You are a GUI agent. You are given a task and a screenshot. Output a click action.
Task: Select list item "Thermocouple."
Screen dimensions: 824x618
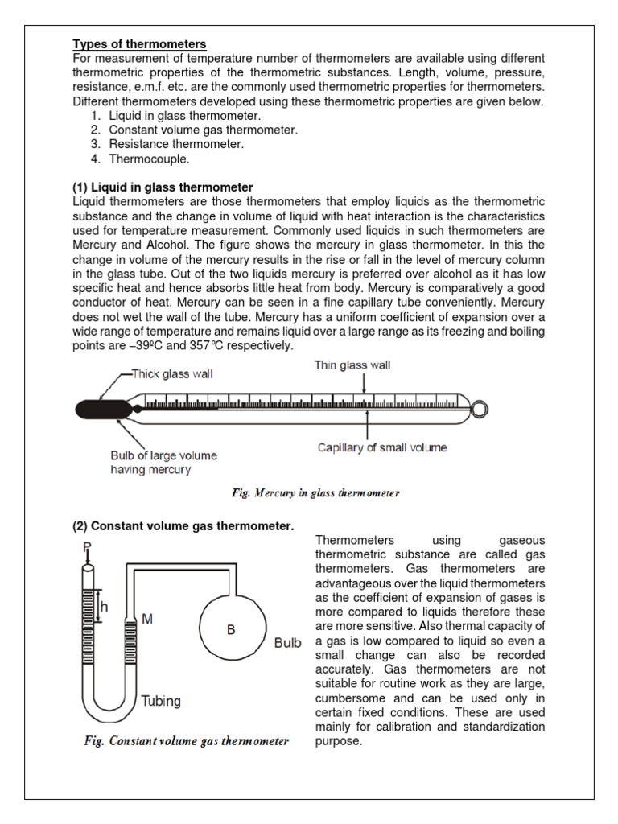click(x=150, y=159)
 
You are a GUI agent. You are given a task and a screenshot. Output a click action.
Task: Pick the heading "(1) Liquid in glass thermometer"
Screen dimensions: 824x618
click(x=163, y=187)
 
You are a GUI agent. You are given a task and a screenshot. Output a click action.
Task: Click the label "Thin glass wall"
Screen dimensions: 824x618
click(x=352, y=365)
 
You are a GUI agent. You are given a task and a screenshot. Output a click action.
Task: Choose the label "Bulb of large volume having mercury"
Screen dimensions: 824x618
click(x=163, y=463)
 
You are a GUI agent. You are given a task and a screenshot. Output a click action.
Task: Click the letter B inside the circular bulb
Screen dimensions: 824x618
click(x=230, y=630)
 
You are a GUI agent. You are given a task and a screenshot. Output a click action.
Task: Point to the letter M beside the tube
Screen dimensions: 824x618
click(x=148, y=618)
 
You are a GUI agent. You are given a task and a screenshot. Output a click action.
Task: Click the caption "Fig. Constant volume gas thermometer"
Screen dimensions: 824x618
click(x=187, y=741)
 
